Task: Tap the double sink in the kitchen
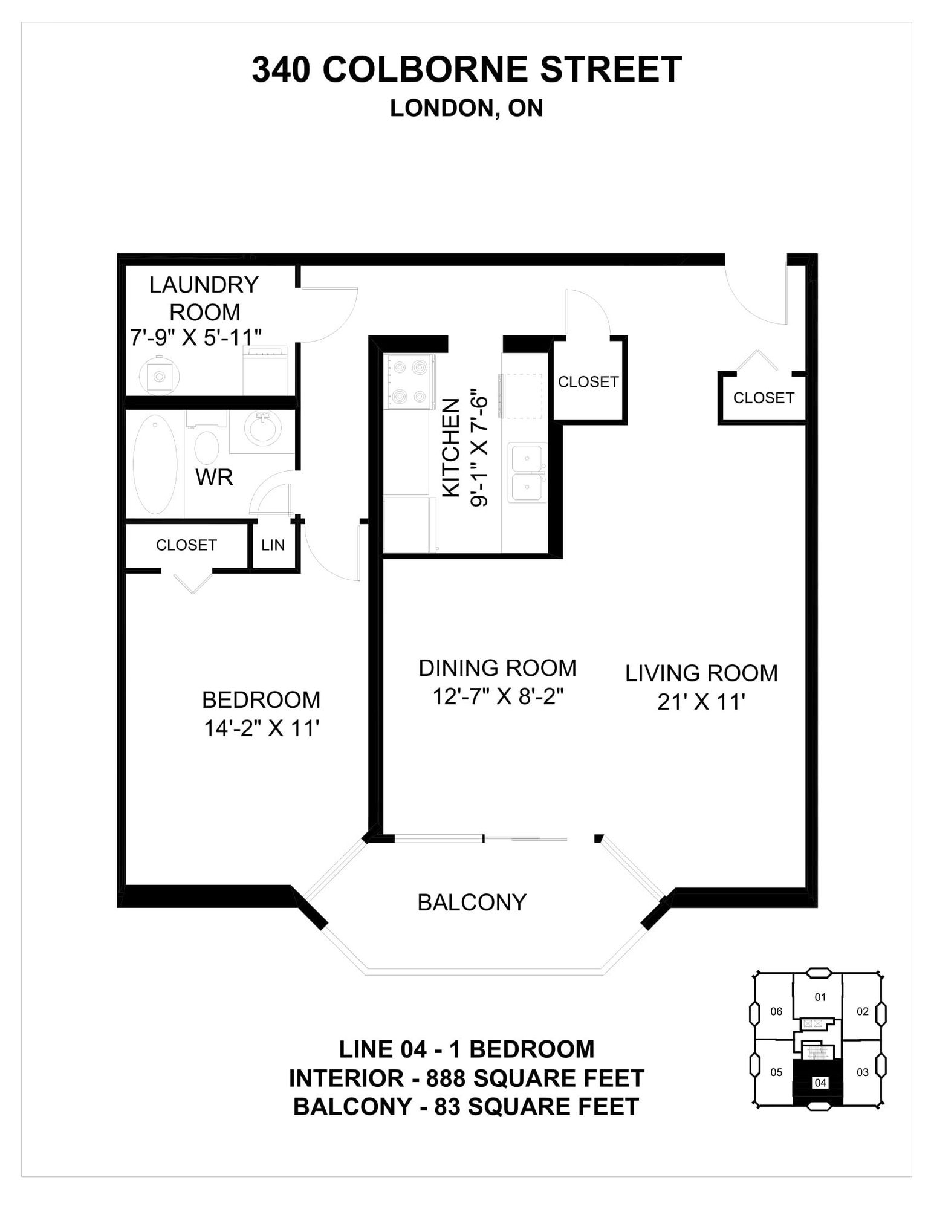tap(527, 473)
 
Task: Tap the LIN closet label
tap(273, 545)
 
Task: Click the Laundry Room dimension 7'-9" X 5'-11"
tap(196, 337)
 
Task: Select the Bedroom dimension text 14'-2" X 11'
tap(261, 728)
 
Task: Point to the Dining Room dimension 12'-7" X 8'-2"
tap(498, 697)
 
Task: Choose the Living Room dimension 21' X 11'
tap(701, 702)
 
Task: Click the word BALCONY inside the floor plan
tap(472, 903)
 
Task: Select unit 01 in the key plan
tap(820, 997)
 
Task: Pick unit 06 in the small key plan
tap(776, 1011)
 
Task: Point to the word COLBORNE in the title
tap(426, 70)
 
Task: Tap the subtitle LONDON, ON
tap(467, 108)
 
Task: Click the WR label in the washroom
tap(214, 478)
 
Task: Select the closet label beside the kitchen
tap(588, 382)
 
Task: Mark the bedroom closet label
tap(186, 545)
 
